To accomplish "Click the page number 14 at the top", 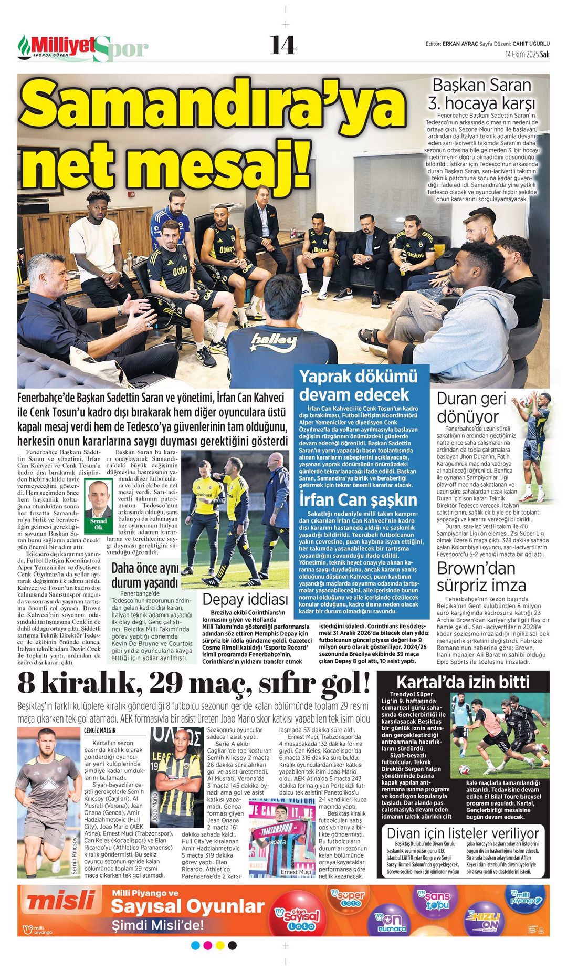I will point(283,45).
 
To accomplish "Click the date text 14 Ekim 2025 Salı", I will point(527,54).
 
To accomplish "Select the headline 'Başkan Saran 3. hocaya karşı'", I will point(481,93).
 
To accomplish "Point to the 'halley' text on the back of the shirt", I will point(274,342).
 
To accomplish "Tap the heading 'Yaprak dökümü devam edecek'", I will point(359,385).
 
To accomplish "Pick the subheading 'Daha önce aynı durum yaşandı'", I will point(145,576).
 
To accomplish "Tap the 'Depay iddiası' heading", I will point(245,599).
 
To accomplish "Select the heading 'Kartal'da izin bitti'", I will point(463,682).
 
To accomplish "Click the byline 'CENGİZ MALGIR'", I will point(100,730).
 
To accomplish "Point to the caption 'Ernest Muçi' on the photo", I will point(296,872).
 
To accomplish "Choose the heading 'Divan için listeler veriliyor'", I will point(463,833).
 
